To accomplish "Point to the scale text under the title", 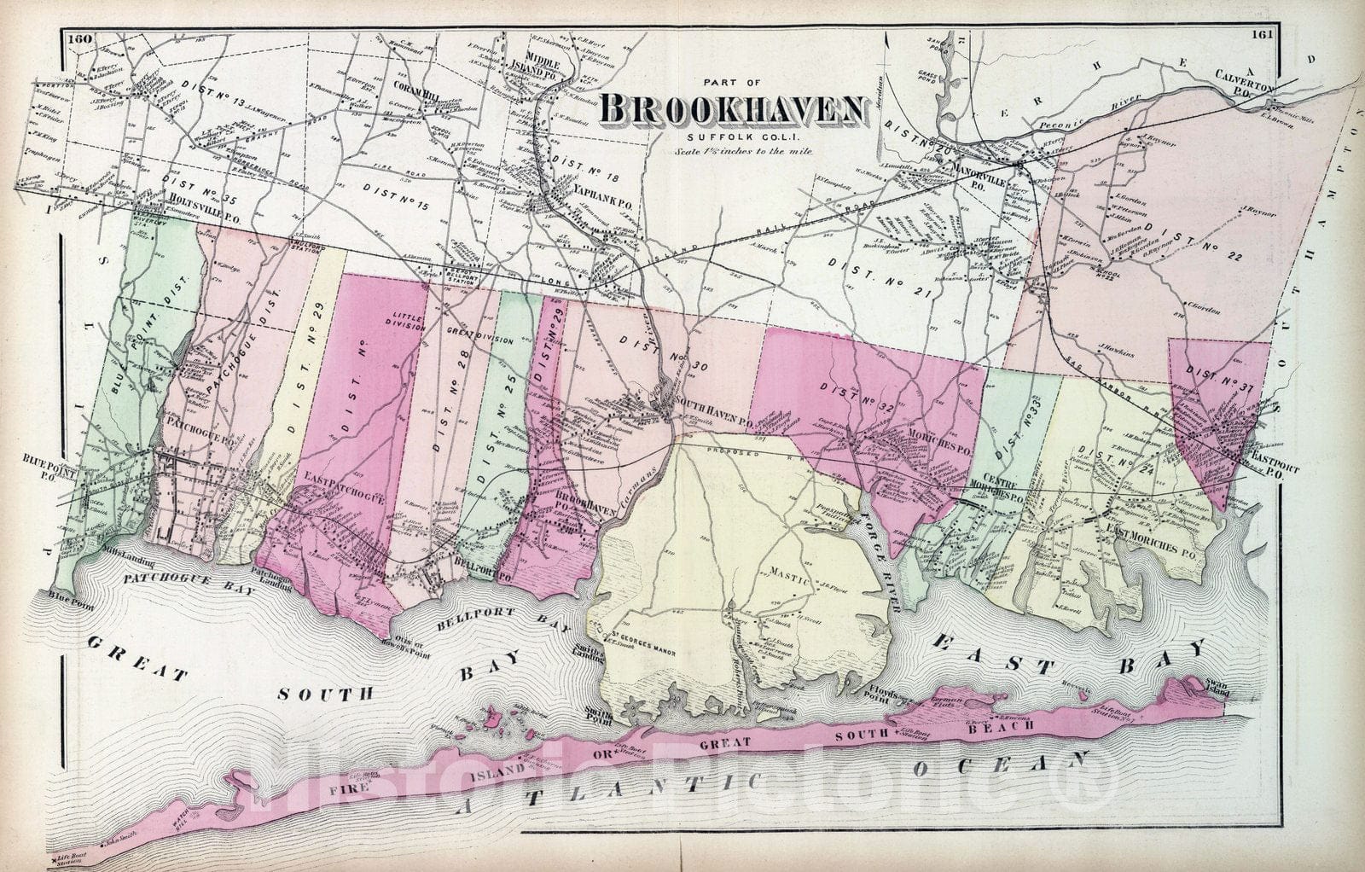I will (x=730, y=150).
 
